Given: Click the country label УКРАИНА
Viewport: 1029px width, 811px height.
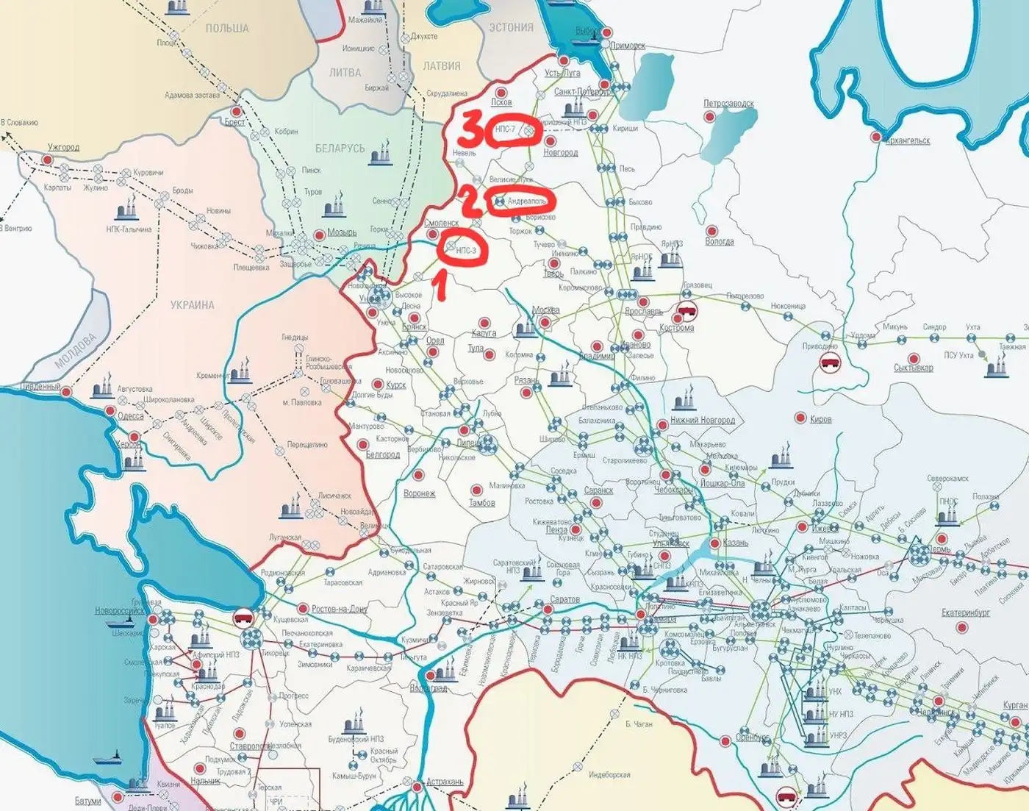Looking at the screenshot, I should (x=192, y=304).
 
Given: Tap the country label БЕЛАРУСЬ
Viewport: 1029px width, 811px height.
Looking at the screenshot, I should (x=340, y=148).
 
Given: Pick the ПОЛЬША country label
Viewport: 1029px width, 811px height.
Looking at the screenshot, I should (x=226, y=28).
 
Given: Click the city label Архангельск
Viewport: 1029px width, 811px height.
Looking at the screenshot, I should (x=907, y=140).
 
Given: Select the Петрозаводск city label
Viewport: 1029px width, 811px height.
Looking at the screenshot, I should (x=728, y=104).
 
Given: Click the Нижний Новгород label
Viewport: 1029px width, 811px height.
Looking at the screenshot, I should (x=702, y=421).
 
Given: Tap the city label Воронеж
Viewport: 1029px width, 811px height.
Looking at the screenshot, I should (x=419, y=493).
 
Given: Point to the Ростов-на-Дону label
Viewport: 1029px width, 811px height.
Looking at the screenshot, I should (x=339, y=609).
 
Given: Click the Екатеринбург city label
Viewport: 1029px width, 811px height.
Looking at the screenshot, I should (x=966, y=612).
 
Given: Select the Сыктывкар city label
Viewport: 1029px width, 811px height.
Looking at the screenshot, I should (x=913, y=367).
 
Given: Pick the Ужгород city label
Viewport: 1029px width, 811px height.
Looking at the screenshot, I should (x=63, y=147).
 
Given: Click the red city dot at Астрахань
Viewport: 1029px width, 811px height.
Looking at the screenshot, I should (x=418, y=787).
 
